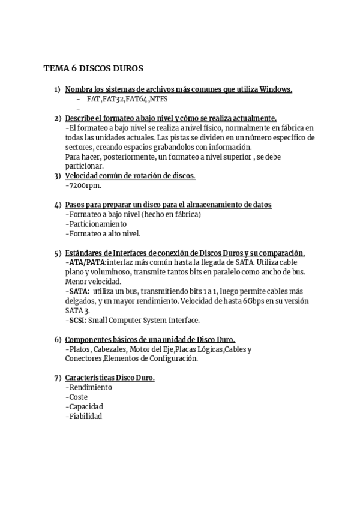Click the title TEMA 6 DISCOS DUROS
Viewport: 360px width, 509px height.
(x=93, y=68)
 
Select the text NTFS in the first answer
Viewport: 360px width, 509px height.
(x=159, y=99)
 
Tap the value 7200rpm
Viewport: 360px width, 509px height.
(x=83, y=186)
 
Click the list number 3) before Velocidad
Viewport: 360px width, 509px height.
(x=58, y=176)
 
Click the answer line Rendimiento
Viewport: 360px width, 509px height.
(x=89, y=387)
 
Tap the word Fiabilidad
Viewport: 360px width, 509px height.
(x=86, y=416)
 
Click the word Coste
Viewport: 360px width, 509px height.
(x=77, y=397)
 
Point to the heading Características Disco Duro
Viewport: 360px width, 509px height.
(x=110, y=378)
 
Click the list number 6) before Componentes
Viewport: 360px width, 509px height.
(x=58, y=339)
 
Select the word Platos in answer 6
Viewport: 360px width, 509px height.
(x=79, y=349)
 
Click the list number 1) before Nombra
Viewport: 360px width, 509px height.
(x=58, y=89)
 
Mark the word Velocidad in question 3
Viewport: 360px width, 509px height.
(x=82, y=176)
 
